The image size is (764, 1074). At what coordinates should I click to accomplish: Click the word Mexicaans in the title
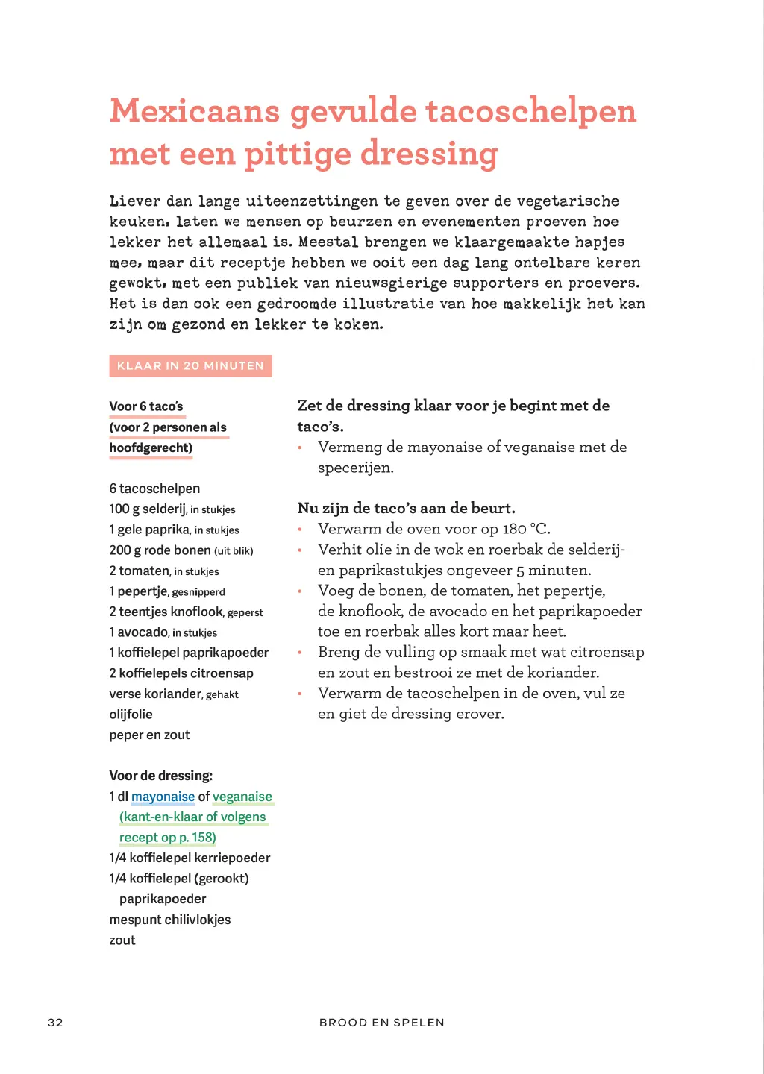195,112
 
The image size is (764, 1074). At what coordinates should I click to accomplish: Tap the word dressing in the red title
429,154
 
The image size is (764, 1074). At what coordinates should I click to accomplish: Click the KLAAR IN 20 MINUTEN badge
190,365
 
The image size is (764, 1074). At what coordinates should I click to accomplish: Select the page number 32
55,1022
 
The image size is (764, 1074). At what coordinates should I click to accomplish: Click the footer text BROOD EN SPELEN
381,1022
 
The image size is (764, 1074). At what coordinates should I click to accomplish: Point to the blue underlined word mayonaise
163,797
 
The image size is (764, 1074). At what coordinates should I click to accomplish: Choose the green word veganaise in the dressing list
242,797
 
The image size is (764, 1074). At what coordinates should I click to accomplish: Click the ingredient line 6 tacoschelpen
154,489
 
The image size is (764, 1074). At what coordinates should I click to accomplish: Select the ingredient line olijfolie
131,715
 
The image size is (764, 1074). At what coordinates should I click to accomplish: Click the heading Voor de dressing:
160,776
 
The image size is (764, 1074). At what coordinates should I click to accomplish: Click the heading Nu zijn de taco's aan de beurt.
406,509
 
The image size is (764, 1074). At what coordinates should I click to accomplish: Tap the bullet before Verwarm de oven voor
300,530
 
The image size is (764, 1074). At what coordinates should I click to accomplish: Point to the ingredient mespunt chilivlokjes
169,920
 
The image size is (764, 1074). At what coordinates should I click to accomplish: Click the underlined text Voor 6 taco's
146,406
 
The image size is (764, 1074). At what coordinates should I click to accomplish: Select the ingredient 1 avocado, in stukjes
163,632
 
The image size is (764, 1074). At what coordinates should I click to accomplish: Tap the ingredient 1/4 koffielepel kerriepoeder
190,858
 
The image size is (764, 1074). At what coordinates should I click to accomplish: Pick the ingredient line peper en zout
149,735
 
